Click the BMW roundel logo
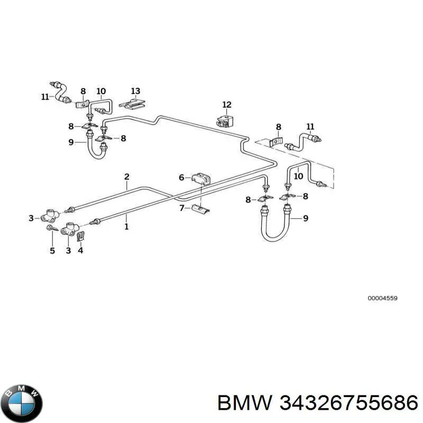(24, 403)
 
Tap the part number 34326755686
(349, 404)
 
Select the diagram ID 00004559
(382, 298)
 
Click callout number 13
(136, 91)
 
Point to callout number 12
(227, 105)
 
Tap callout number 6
(181, 178)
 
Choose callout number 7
(182, 208)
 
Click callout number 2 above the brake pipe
(127, 177)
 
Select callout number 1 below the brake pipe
(126, 227)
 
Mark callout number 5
(52, 251)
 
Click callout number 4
(80, 250)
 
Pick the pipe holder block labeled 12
(224, 122)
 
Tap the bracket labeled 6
(201, 178)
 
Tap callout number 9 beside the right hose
(306, 218)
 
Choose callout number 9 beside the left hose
(71, 142)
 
